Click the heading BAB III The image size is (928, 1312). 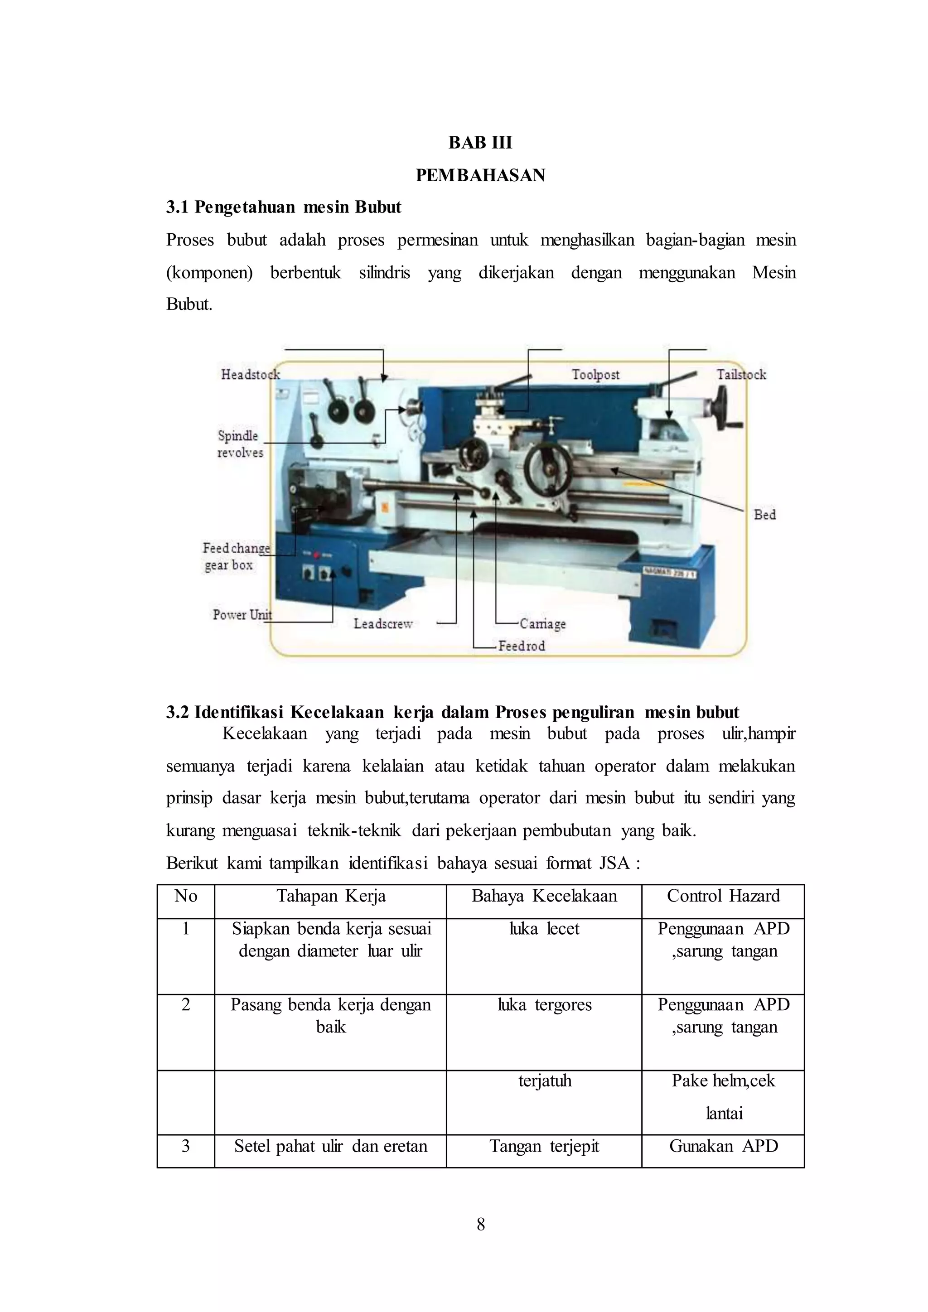coord(480,142)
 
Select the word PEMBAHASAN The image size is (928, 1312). coord(480,175)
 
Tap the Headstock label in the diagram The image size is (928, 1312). coord(250,374)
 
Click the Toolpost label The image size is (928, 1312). coord(595,374)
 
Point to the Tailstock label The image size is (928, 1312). coord(741,374)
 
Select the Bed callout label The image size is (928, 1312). coord(764,514)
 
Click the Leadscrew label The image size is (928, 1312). coord(383,623)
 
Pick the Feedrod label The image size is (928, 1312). coord(521,646)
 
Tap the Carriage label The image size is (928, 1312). coord(542,623)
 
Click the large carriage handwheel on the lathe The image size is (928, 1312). coord(547,467)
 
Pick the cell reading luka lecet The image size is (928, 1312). coord(544,929)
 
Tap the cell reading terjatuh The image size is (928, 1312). coord(544,1080)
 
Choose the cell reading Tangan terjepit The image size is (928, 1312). coord(544,1146)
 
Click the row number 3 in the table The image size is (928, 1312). coord(186,1146)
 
